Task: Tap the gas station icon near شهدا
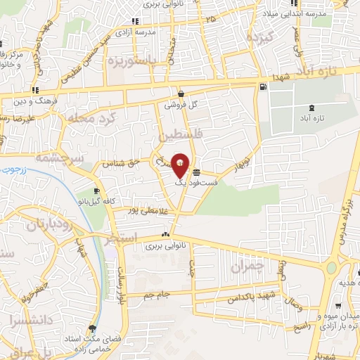click(x=263, y=86)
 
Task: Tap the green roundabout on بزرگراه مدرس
click(x=331, y=267)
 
